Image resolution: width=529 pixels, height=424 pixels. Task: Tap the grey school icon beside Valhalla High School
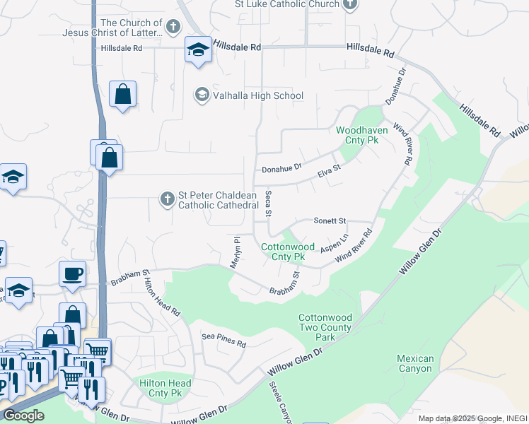202,95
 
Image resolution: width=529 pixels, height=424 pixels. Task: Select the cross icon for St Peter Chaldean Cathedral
167,199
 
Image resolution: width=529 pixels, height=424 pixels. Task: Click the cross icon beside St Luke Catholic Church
349,5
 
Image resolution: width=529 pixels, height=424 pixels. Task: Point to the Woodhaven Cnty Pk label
357,136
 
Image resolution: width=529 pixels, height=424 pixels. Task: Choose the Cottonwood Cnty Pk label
288,252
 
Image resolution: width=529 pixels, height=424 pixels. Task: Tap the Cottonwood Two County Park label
325,328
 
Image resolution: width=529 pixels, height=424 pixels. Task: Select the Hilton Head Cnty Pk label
161,387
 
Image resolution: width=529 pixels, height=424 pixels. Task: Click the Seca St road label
268,203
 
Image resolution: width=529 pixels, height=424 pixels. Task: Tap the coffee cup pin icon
73,273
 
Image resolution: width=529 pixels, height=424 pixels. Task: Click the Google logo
23,416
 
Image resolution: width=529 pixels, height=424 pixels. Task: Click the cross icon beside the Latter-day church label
173,28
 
